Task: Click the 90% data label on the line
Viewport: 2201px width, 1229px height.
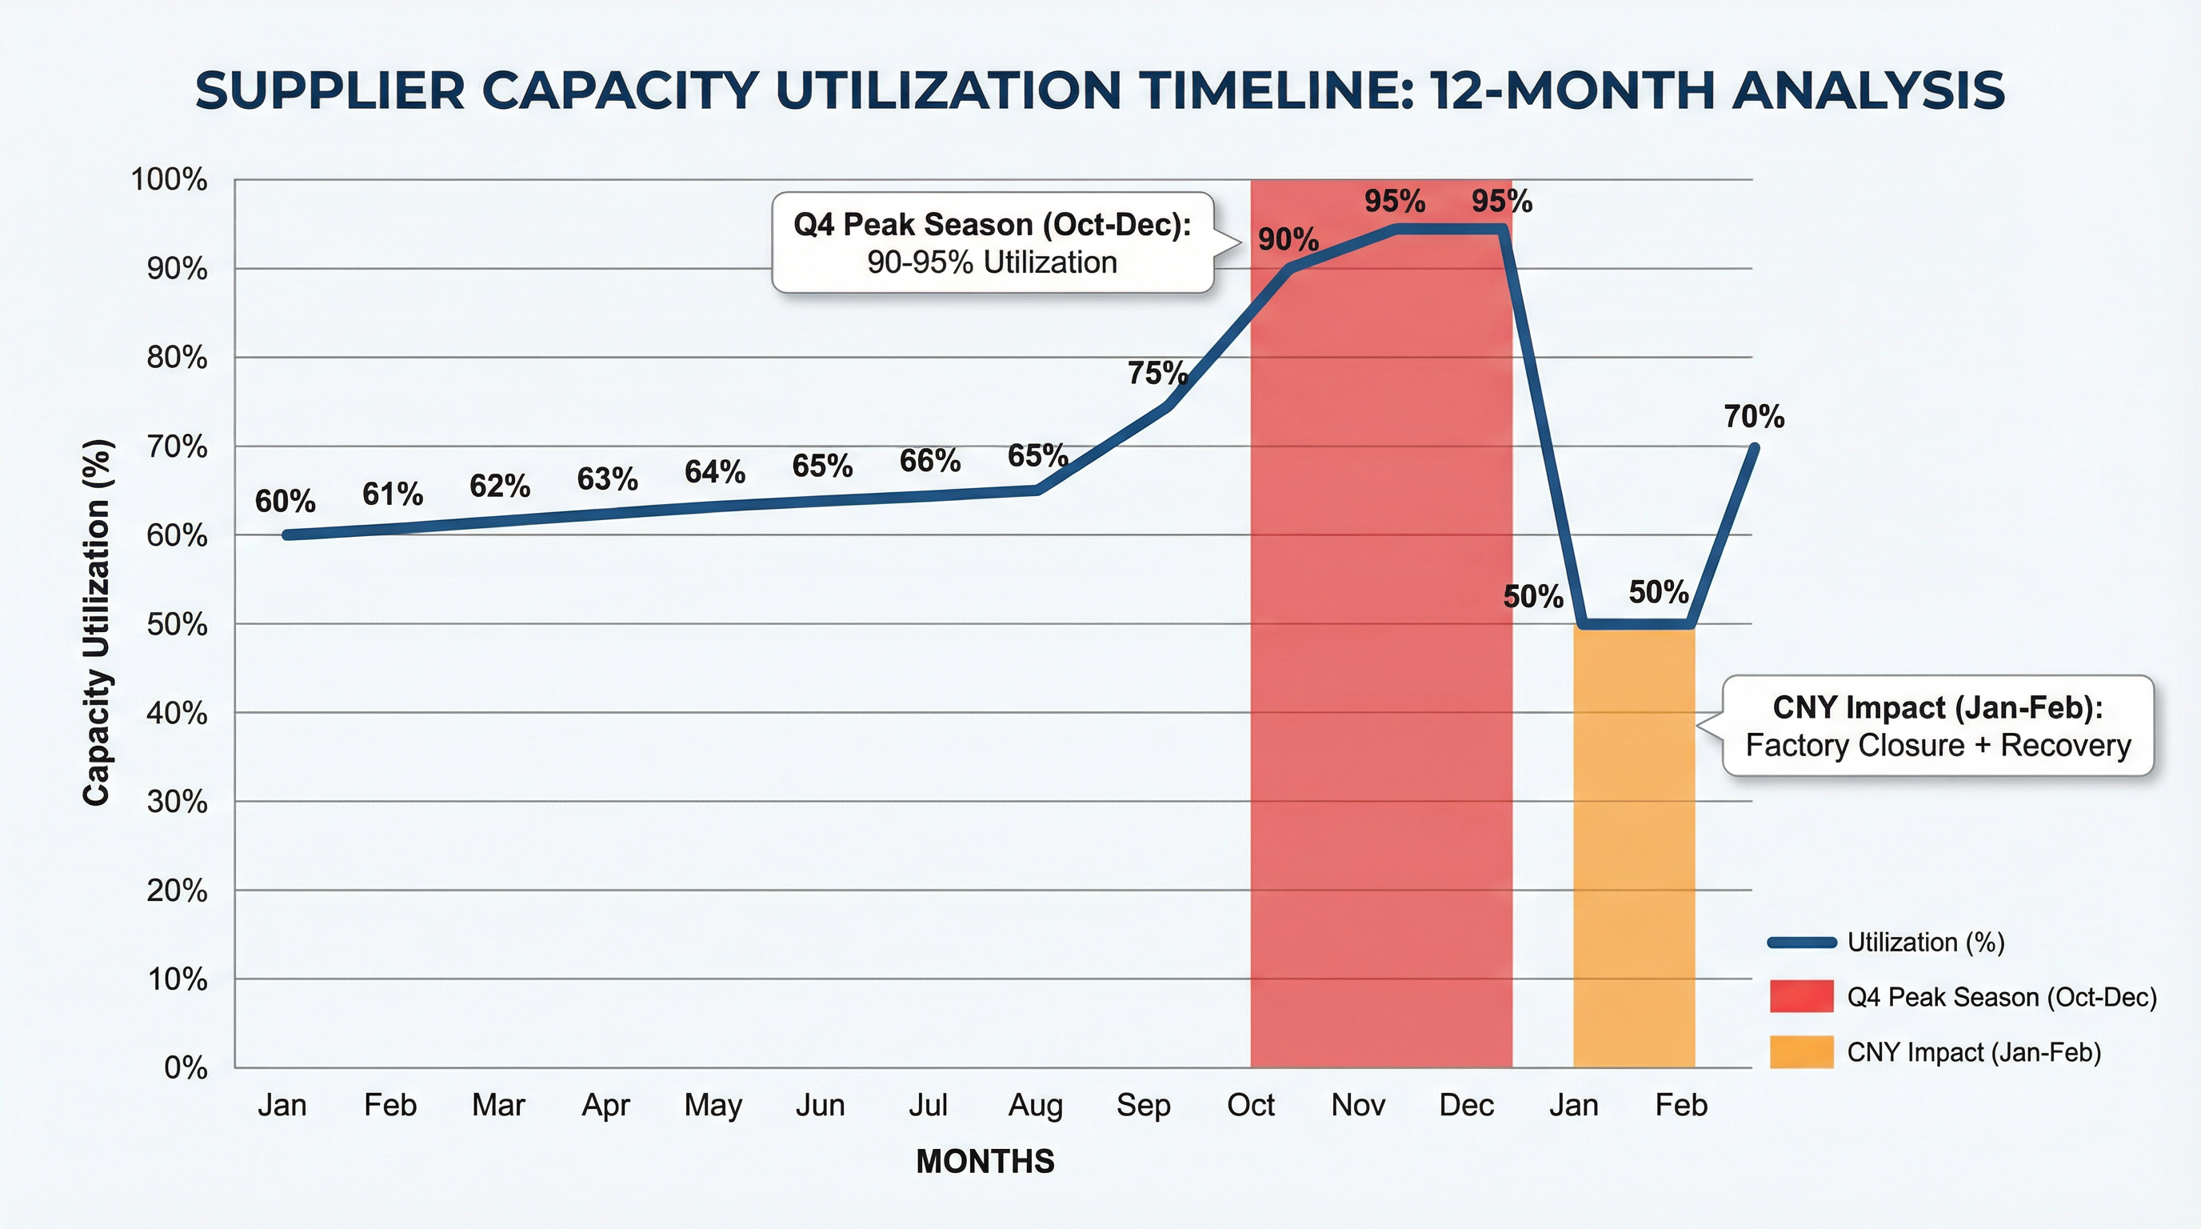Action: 1288,240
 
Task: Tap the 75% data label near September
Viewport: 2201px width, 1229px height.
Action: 1157,373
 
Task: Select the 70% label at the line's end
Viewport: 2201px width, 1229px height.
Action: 1753,417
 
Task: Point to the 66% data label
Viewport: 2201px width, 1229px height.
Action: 929,461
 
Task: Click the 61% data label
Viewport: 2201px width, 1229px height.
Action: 392,493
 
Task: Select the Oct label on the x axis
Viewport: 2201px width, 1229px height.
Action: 1250,1105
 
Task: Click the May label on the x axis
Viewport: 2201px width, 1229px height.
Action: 713,1105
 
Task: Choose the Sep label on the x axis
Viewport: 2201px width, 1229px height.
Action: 1143,1105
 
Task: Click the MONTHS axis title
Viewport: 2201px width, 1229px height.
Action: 985,1162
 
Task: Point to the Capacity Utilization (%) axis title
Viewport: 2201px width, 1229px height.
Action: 98,623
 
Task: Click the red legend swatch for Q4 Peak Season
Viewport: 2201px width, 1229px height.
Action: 1801,996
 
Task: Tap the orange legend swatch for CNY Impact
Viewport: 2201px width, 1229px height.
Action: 1801,1052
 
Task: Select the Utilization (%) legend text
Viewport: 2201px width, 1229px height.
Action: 1926,942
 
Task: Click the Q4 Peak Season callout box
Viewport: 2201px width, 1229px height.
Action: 992,242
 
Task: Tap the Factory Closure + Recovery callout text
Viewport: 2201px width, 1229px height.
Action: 1938,745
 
